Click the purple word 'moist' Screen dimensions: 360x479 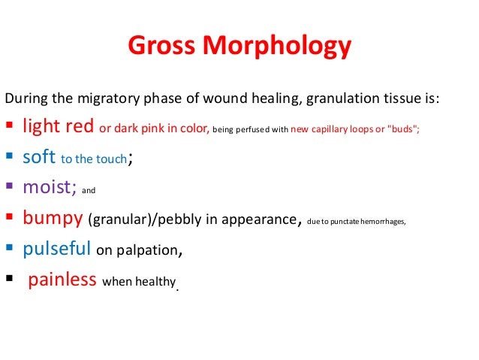tap(48, 189)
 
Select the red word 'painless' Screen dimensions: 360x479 tap(62, 280)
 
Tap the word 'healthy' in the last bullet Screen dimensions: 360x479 tap(154, 282)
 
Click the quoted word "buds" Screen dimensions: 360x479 tap(403, 129)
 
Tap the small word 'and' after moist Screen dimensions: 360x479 tap(89, 191)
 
